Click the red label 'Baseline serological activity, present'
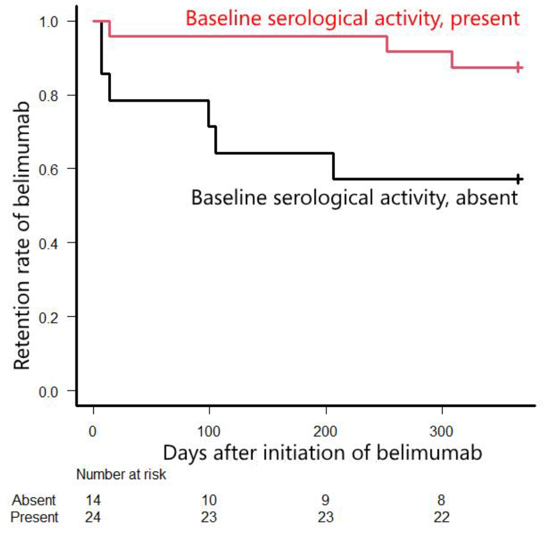(x=352, y=18)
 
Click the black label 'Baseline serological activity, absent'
(x=354, y=197)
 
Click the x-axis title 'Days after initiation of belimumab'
(x=323, y=453)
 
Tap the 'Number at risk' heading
(x=121, y=475)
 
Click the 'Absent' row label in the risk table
(x=34, y=500)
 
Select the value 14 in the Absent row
(x=93, y=500)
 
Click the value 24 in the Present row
(x=93, y=517)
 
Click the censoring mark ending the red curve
(x=518, y=67)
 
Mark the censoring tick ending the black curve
(x=518, y=179)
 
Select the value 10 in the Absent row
(x=208, y=500)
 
